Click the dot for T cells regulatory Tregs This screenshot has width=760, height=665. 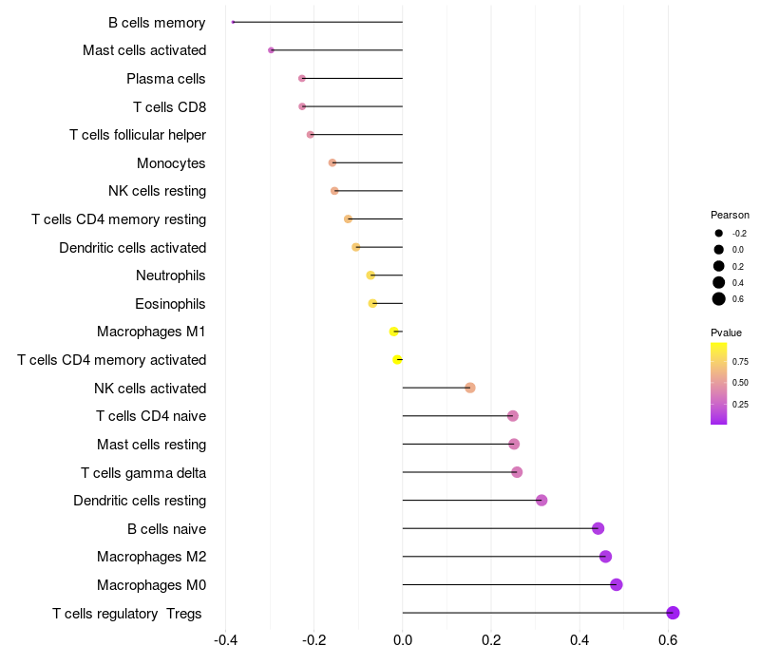(x=673, y=613)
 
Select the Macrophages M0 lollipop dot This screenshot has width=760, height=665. (x=616, y=584)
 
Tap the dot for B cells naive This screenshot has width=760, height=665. (x=598, y=528)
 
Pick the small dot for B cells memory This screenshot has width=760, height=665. (x=233, y=22)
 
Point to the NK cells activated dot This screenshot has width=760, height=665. (x=469, y=388)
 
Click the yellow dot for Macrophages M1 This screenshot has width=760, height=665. (x=393, y=332)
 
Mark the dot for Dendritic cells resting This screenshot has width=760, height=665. (x=541, y=501)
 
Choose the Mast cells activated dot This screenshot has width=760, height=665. (x=271, y=49)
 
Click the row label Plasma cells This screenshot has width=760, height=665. (x=166, y=78)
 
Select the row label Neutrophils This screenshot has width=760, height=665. (x=171, y=275)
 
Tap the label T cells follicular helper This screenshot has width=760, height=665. (x=138, y=135)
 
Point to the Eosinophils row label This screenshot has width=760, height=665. (x=171, y=304)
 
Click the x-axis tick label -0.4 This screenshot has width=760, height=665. (x=225, y=641)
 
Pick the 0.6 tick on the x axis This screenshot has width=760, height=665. (x=668, y=641)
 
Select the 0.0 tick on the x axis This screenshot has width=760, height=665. (x=403, y=641)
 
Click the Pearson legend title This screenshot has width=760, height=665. (x=730, y=215)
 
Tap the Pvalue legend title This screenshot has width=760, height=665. (x=727, y=332)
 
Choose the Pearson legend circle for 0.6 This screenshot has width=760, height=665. (x=719, y=299)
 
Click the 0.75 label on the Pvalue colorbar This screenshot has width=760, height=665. (x=740, y=361)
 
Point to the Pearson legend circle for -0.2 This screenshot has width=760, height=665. (x=719, y=233)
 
